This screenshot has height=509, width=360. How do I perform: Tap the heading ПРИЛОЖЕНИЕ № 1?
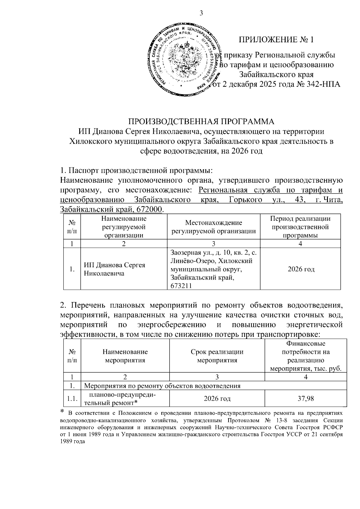click(276, 40)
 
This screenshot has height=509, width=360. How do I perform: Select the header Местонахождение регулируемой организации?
click(213, 227)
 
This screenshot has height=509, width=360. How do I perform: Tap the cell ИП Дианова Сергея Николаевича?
click(114, 269)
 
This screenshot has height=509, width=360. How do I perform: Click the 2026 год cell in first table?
click(301, 269)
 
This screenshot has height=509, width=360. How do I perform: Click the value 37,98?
click(306, 399)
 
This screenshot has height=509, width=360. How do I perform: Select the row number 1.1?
click(72, 399)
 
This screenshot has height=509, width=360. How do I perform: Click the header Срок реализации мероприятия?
click(217, 356)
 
